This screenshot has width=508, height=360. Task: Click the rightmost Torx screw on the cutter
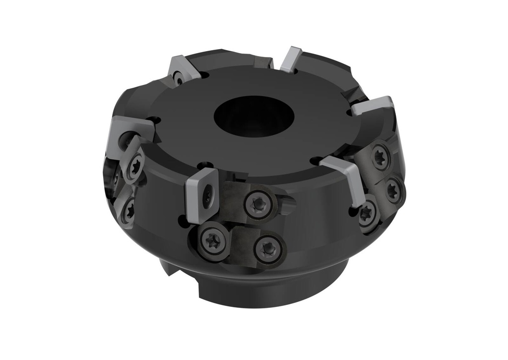pos(393,189)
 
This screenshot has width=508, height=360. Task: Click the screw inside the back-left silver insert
pos(178,78)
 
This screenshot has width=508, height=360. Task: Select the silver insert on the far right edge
pos(373,106)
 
